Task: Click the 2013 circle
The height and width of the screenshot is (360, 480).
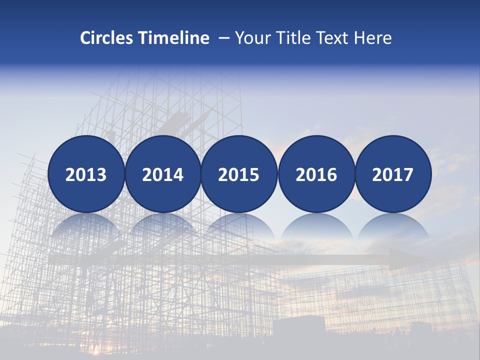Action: click(86, 174)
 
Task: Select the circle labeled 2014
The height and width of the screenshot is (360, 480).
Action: click(162, 174)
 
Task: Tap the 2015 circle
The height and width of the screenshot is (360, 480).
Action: click(239, 174)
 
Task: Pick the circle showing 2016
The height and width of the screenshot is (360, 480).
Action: click(316, 174)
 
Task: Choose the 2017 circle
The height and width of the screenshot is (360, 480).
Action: click(393, 174)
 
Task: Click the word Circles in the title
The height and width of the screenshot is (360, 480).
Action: click(107, 38)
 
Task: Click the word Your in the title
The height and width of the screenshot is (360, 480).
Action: click(251, 38)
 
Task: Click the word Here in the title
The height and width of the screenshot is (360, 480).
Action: click(372, 38)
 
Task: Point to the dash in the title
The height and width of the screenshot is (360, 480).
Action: click(224, 38)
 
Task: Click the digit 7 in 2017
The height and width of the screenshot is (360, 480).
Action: click(408, 174)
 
